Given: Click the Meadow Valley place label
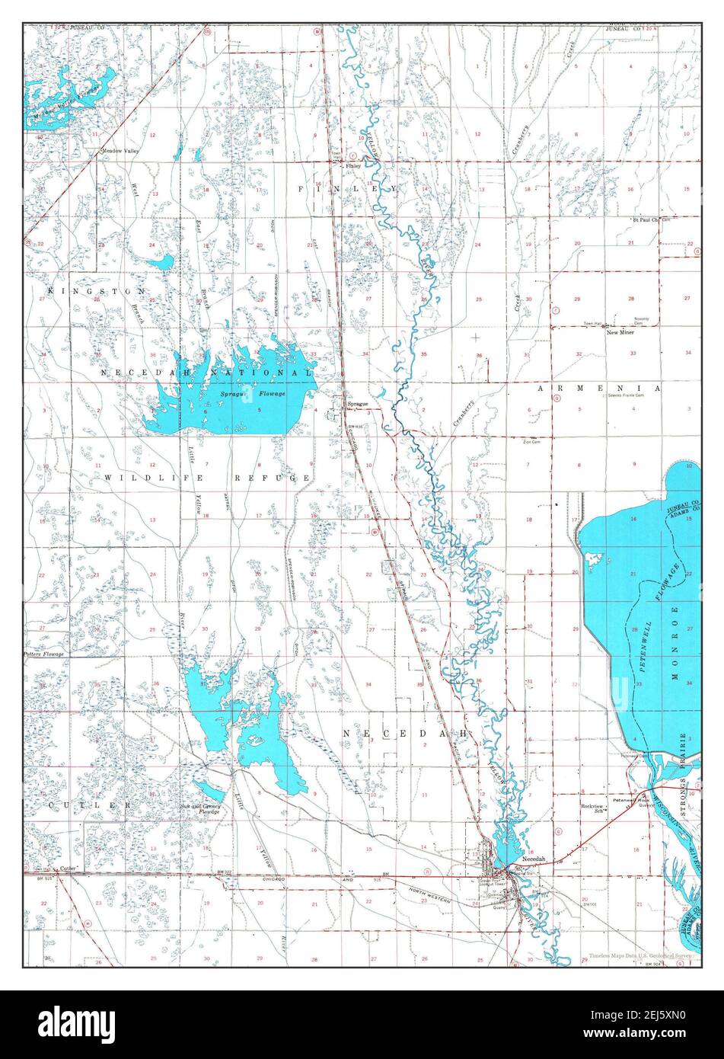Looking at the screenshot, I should (x=120, y=152).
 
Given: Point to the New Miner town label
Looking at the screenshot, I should (x=620, y=333).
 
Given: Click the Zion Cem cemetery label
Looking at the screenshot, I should (x=531, y=441).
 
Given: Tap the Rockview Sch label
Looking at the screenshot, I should (x=592, y=809).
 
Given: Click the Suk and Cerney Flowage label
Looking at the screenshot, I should (x=199, y=808).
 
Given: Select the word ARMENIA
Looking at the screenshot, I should (x=598, y=389).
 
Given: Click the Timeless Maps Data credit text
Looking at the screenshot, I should (x=643, y=955).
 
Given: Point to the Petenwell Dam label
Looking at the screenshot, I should (x=633, y=756).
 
